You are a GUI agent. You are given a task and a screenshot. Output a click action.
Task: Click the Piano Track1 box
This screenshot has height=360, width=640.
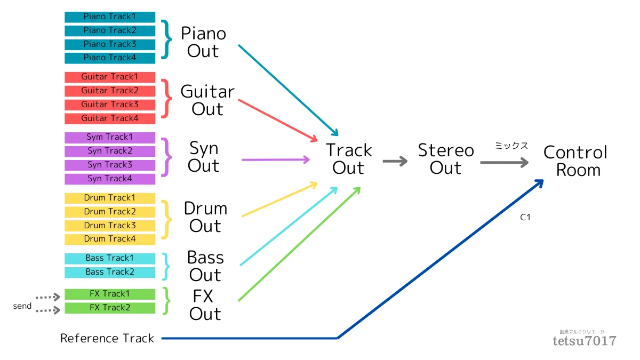pyautogui.click(x=110, y=17)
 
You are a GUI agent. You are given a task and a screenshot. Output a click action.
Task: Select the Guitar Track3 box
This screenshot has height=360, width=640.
pyautogui.click(x=110, y=105)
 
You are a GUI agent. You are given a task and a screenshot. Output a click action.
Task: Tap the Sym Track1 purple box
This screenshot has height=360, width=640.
pyautogui.click(x=110, y=138)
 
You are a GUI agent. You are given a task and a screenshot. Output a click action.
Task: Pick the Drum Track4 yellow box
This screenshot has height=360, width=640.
pyautogui.click(x=110, y=239)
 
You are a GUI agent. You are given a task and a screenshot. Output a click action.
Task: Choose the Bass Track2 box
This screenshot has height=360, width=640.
pyautogui.click(x=110, y=272)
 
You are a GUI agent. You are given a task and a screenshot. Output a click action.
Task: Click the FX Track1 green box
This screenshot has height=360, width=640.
pyautogui.click(x=110, y=294)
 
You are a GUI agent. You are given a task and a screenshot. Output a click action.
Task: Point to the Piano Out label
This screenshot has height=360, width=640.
pyautogui.click(x=203, y=42)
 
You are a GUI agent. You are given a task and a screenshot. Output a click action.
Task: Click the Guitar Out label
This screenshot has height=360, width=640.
pyautogui.click(x=207, y=100)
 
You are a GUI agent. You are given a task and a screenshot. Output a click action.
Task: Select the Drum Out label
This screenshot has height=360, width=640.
pyautogui.click(x=205, y=217)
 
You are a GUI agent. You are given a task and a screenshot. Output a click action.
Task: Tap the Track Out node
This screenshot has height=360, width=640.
pyautogui.click(x=349, y=159)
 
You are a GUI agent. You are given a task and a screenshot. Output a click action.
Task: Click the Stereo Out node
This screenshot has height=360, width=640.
pyautogui.click(x=446, y=159)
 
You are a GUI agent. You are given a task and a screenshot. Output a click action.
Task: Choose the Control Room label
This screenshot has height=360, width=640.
pyautogui.click(x=575, y=161)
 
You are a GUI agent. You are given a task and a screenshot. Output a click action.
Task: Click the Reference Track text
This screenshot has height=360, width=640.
pyautogui.click(x=107, y=338)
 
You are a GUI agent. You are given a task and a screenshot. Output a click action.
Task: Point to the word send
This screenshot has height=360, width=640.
pyautogui.click(x=22, y=306)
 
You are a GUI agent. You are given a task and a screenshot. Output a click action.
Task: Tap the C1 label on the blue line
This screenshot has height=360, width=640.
pyautogui.click(x=525, y=218)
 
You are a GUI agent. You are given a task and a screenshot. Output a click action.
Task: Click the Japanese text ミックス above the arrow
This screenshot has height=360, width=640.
pyautogui.click(x=511, y=146)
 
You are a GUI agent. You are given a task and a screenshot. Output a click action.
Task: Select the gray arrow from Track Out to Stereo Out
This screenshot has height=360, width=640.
pyautogui.click(x=395, y=161)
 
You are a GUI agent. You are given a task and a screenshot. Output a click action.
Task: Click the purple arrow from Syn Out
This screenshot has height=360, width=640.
pyautogui.click(x=276, y=159)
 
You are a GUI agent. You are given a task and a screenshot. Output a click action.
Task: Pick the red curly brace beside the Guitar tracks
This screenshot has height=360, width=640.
pyautogui.click(x=167, y=99)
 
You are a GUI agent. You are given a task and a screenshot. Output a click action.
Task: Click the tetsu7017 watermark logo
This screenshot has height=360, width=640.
pyautogui.click(x=585, y=338)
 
